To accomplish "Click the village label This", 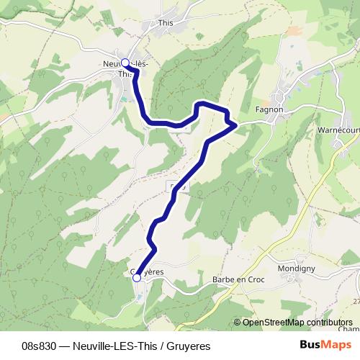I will pos(166,23).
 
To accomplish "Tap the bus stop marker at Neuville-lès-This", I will pos(125,63).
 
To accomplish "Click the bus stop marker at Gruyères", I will pos(136,277).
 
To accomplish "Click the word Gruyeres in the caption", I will pos(187,346).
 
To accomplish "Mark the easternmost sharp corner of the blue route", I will pos(236,125).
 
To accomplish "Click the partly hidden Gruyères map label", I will pos(148,271).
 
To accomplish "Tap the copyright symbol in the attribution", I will pos(238,323).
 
